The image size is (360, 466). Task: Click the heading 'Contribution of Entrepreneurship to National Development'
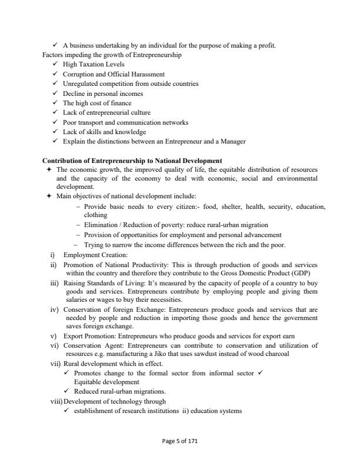tap(132, 161)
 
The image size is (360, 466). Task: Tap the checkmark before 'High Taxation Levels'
tap(55, 65)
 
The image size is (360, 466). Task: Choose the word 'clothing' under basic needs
tap(96, 215)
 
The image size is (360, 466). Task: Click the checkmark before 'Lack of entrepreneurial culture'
tap(55, 112)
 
